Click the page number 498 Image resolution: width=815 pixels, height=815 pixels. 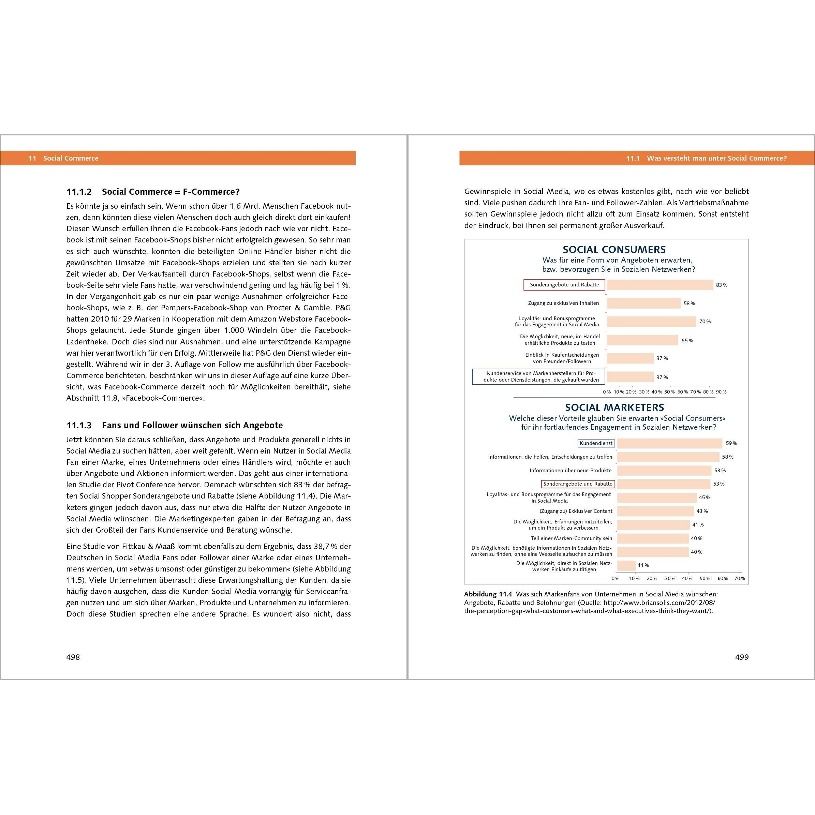(x=73, y=657)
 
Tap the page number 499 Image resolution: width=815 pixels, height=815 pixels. (x=742, y=657)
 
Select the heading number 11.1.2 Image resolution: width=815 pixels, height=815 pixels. (x=79, y=192)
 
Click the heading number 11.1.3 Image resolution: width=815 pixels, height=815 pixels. (x=79, y=425)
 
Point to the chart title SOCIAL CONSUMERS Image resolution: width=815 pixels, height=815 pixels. (x=614, y=249)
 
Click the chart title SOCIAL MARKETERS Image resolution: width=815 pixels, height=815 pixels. (x=614, y=407)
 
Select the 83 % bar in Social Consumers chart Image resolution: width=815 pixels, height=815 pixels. (x=660, y=285)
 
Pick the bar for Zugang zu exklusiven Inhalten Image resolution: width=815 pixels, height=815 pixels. (x=644, y=303)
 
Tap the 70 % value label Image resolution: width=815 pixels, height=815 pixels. (x=705, y=322)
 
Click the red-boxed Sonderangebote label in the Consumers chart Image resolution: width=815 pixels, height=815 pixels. (x=564, y=285)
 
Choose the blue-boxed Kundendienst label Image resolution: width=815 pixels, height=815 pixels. (x=596, y=443)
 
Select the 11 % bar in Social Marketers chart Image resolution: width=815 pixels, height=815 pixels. (x=626, y=565)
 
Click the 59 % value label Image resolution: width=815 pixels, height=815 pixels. (x=731, y=443)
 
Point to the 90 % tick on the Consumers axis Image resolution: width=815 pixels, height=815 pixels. (x=721, y=392)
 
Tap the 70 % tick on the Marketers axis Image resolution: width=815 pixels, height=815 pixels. (x=740, y=578)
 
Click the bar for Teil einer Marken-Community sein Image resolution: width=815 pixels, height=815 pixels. (x=653, y=538)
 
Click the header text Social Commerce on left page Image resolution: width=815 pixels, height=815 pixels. (x=71, y=158)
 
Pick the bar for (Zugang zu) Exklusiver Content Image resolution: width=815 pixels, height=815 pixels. (x=655, y=511)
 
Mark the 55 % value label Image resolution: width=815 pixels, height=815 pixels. (x=687, y=340)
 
